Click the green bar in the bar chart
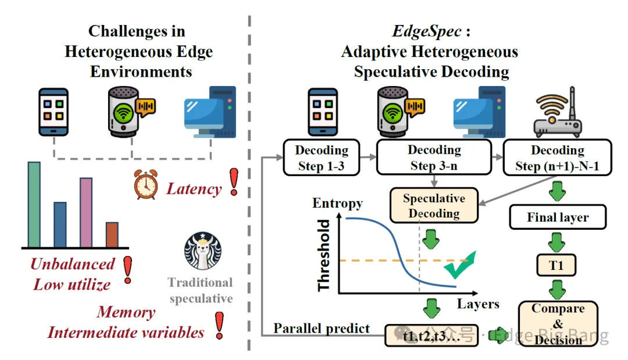click(x=34, y=204)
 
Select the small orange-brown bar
click(x=112, y=234)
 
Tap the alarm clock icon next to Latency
click(x=146, y=186)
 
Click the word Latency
click(x=194, y=189)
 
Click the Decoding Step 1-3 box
click(x=322, y=158)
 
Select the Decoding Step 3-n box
click(x=434, y=158)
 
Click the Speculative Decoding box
click(x=434, y=205)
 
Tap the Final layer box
click(x=558, y=218)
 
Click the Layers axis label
click(x=477, y=304)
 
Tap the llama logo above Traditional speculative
click(x=203, y=251)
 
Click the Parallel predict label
click(x=322, y=328)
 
